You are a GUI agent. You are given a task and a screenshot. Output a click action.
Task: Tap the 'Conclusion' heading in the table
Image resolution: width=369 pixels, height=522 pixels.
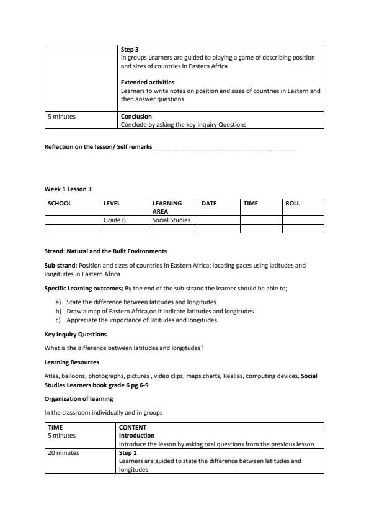136,116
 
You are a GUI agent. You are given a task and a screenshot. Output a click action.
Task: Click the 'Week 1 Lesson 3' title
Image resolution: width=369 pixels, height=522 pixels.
68,189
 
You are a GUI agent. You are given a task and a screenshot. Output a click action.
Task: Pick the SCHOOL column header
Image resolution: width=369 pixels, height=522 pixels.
60,203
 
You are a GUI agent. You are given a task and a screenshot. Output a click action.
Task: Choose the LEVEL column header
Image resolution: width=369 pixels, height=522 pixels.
112,203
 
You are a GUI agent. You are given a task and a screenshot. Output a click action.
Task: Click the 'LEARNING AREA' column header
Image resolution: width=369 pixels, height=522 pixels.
167,207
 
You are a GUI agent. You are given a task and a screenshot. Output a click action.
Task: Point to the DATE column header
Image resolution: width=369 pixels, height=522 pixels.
209,203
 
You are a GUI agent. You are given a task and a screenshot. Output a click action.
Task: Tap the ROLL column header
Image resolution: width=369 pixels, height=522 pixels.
292,203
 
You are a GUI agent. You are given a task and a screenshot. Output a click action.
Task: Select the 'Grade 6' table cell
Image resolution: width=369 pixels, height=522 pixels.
115,220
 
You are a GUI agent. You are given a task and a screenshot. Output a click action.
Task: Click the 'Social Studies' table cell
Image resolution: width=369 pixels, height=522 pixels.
171,220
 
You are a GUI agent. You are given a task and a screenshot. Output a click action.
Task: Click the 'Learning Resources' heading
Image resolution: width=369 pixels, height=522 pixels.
71,362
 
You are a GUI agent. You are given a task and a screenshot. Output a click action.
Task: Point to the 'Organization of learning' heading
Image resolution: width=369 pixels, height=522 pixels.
78,399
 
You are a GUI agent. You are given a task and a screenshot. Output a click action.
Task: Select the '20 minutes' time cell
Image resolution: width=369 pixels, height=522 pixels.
63,453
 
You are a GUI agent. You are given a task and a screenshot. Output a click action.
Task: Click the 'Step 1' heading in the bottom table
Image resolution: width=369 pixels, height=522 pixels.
128,453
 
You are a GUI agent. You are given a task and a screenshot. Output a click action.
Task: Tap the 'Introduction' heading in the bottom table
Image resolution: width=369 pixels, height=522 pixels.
136,436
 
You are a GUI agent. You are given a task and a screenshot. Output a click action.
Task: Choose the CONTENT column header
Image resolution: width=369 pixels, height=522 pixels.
133,427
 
